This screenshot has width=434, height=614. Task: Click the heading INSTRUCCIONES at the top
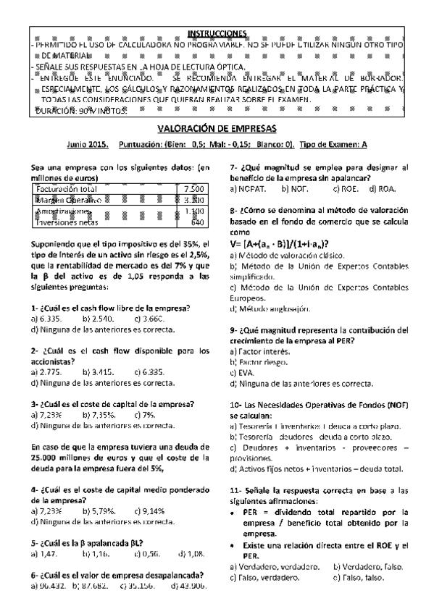pos(217,34)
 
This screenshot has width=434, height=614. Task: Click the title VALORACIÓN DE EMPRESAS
pos(217,128)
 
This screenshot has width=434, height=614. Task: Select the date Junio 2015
pos(87,144)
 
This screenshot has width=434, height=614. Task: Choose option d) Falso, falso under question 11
pos(359,577)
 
